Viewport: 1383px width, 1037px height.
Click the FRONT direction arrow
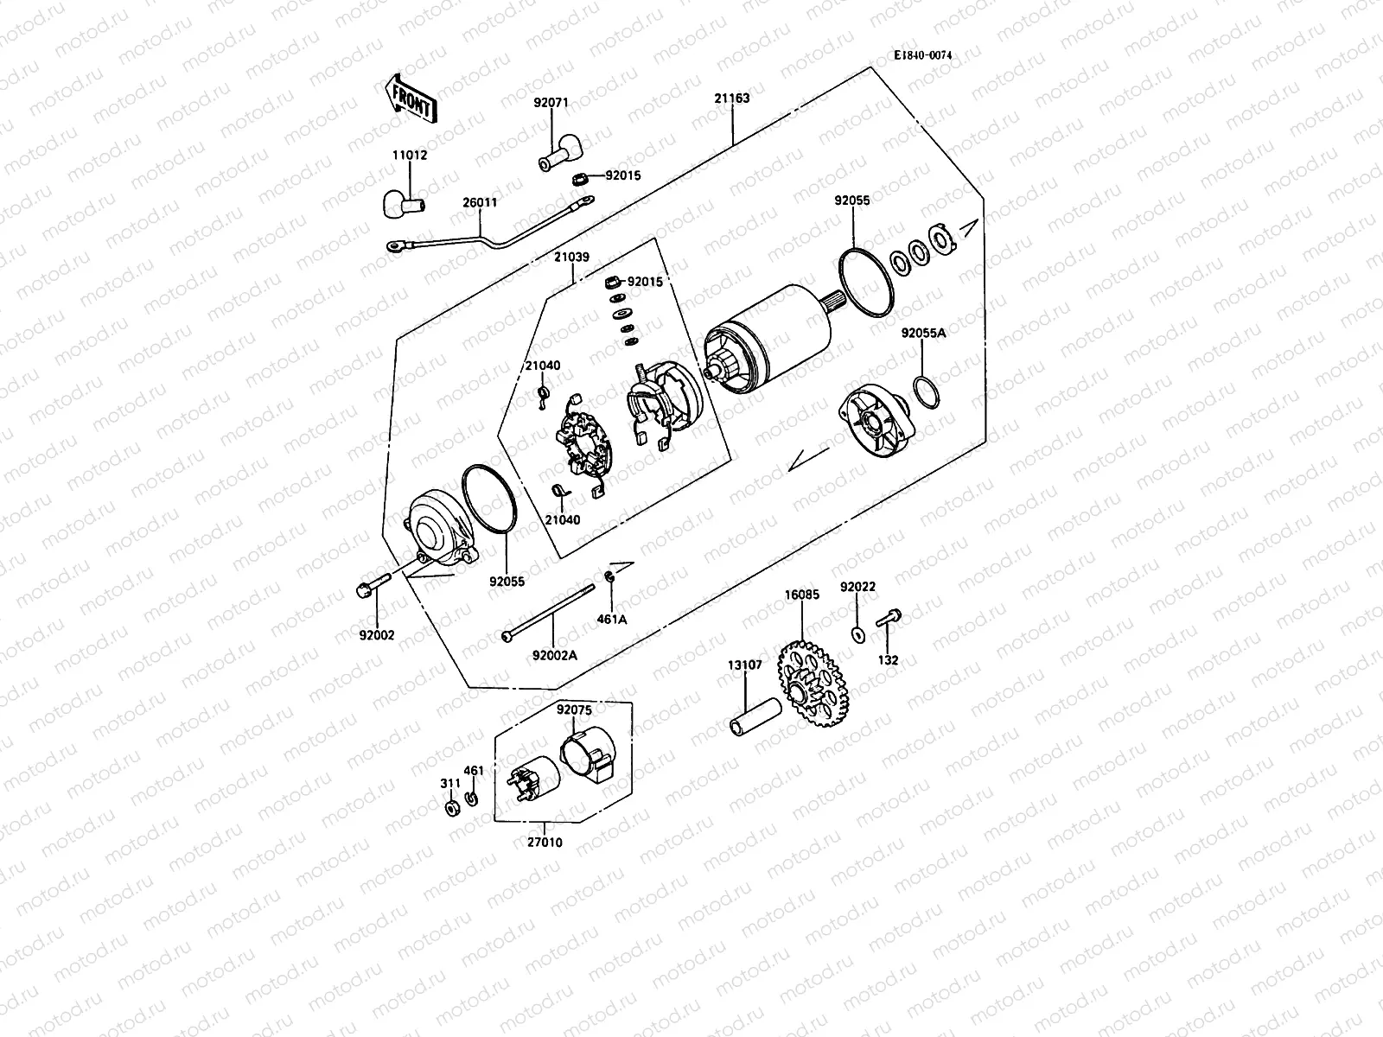coord(410,97)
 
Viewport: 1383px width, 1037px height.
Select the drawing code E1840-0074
coord(923,54)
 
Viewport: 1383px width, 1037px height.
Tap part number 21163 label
coord(731,99)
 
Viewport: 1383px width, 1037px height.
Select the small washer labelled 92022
coord(857,635)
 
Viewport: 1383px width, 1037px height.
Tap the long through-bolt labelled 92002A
coord(550,614)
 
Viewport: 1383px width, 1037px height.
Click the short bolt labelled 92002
coord(364,590)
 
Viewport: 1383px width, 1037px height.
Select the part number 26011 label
coord(479,202)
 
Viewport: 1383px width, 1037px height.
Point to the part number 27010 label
coord(545,841)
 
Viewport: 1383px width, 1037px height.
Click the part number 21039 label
coord(571,257)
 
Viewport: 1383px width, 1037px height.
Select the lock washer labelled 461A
coord(610,577)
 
